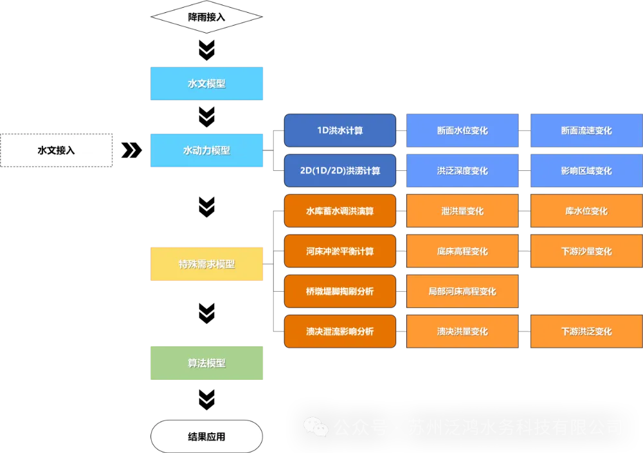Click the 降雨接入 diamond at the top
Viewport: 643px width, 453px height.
pyautogui.click(x=206, y=17)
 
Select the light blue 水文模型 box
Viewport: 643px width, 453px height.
pyautogui.click(x=206, y=84)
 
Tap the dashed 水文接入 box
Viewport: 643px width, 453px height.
pyautogui.click(x=57, y=150)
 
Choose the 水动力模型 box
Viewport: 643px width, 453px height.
pyautogui.click(x=206, y=150)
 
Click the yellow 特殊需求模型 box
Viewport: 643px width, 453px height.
pyautogui.click(x=206, y=264)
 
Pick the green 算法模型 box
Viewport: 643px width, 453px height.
pyautogui.click(x=206, y=362)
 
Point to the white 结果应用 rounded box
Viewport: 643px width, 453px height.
pyautogui.click(x=206, y=437)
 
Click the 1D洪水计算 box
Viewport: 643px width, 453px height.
pyautogui.click(x=340, y=130)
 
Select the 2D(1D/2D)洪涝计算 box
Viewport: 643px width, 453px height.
pyautogui.click(x=340, y=170)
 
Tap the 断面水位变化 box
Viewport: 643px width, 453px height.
pyautogui.click(x=462, y=130)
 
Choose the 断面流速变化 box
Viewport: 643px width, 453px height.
pyautogui.click(x=586, y=130)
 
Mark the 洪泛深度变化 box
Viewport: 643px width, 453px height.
pyautogui.click(x=462, y=170)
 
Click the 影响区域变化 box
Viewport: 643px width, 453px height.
pyautogui.click(x=586, y=170)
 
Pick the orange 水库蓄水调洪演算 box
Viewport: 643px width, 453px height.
pyautogui.click(x=340, y=211)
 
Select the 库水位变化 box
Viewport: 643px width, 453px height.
pyautogui.click(x=586, y=211)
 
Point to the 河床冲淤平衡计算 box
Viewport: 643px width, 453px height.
pyautogui.click(x=340, y=251)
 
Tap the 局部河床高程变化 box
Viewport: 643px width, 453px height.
pyautogui.click(x=462, y=291)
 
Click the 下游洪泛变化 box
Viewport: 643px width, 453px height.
pyautogui.click(x=586, y=332)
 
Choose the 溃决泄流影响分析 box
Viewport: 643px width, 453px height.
pyautogui.click(x=340, y=332)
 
